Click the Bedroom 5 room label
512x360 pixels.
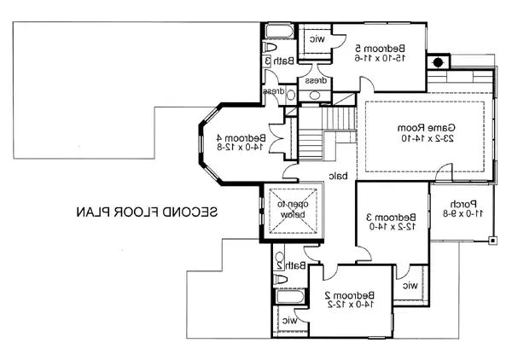[380, 49]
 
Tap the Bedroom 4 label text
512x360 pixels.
[241, 137]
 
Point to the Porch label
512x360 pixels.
[463, 205]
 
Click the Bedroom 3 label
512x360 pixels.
[391, 217]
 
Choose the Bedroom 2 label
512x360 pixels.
[350, 295]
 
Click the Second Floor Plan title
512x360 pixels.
[147, 212]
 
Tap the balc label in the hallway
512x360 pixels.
[338, 177]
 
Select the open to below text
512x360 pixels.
[293, 209]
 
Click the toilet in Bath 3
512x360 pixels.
[270, 47]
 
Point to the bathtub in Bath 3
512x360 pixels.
[279, 32]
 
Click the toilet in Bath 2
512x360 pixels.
[281, 279]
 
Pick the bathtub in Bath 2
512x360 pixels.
[290, 297]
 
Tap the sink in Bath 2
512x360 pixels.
[280, 257]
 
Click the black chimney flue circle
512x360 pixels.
[439, 62]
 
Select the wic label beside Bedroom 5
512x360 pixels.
[317, 39]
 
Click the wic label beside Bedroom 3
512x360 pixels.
[410, 286]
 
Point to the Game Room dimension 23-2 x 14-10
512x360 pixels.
[428, 138]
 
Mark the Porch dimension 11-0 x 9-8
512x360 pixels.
[463, 214]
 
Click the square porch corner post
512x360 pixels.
[492, 241]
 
